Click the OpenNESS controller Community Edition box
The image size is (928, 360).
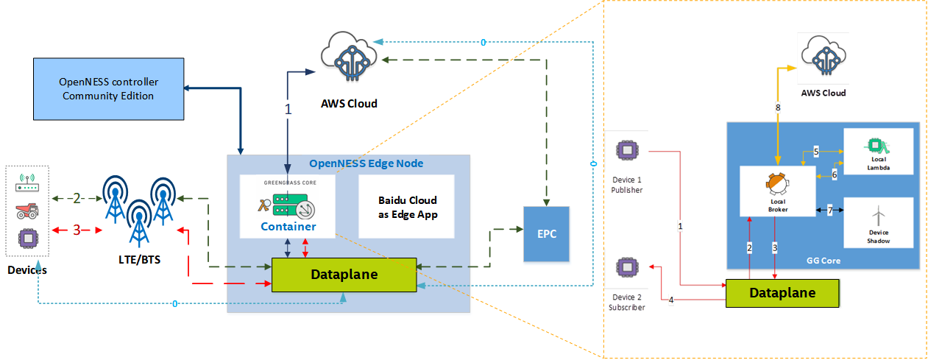click(108, 89)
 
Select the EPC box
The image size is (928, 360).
click(546, 234)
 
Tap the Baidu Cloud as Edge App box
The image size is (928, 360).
click(407, 206)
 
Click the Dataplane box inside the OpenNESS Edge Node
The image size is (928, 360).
click(344, 275)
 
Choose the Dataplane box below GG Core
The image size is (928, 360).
click(782, 292)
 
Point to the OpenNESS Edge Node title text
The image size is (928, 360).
click(366, 163)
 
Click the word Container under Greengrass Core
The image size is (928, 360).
click(288, 226)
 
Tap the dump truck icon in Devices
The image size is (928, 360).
click(26, 212)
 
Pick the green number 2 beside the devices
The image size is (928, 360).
click(76, 198)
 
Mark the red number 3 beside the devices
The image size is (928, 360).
click(76, 230)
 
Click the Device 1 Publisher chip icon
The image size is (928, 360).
click(626, 151)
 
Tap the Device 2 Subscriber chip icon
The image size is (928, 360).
click(626, 267)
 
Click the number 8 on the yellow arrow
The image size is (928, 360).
click(778, 107)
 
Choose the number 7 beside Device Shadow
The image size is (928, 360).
click(829, 211)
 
